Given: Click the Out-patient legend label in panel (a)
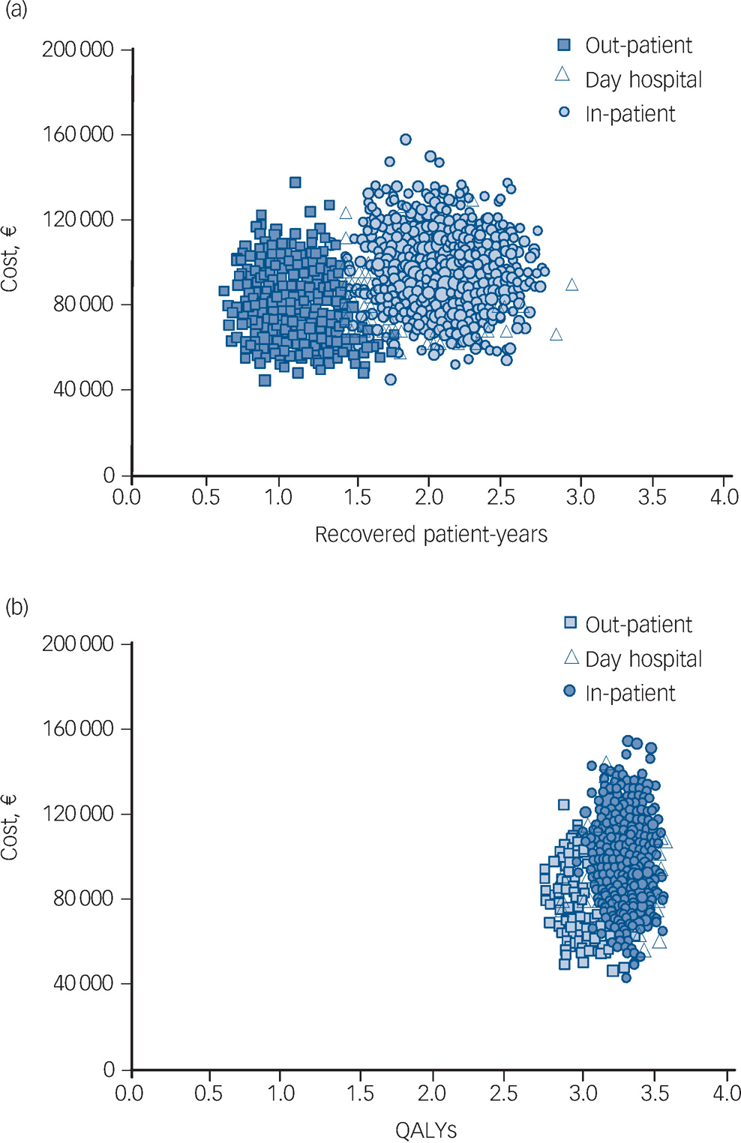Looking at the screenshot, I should (638, 46).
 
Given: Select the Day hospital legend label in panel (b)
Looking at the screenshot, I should (643, 659).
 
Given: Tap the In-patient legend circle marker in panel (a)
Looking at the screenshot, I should (564, 112).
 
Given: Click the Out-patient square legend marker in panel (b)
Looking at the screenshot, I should (571, 623).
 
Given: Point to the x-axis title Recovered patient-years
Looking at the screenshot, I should (430, 535).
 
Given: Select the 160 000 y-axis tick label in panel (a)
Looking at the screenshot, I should (78, 134).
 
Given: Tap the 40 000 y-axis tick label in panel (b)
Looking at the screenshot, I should (82, 983).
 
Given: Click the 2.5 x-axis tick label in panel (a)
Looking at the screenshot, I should (500, 497).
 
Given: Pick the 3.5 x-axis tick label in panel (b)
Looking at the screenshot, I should (655, 1093).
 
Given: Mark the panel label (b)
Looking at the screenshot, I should (16, 606).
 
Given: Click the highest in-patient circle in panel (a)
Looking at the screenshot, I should (406, 139).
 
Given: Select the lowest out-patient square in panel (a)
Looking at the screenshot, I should (265, 380).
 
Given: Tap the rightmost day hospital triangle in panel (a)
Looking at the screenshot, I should (572, 285).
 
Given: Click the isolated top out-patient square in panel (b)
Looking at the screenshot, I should (564, 805).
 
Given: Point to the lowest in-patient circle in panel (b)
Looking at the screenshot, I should (626, 977).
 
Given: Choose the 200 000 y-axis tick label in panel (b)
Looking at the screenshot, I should (78, 643).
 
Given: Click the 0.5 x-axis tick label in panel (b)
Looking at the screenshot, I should (208, 1093).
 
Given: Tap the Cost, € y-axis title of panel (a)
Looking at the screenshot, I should (10, 259).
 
